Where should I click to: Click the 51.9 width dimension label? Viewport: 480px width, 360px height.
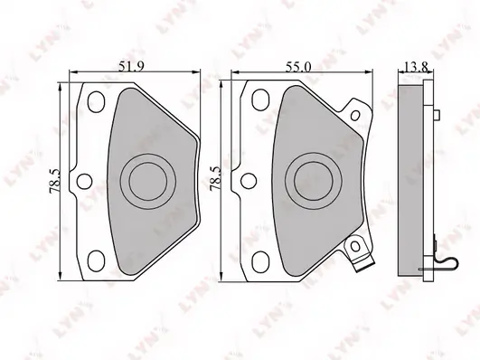click(131, 66)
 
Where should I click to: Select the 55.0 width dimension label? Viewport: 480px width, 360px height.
click(298, 67)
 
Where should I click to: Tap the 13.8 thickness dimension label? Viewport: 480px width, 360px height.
click(416, 67)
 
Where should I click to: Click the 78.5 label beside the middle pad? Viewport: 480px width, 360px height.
click(215, 179)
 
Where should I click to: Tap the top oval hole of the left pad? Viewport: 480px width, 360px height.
click(96, 101)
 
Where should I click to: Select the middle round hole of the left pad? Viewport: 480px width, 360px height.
click(84, 181)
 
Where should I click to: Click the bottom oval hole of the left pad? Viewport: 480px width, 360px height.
click(96, 261)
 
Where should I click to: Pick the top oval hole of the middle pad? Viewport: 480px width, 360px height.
click(260, 99)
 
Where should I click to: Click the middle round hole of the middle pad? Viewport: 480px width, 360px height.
click(249, 181)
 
